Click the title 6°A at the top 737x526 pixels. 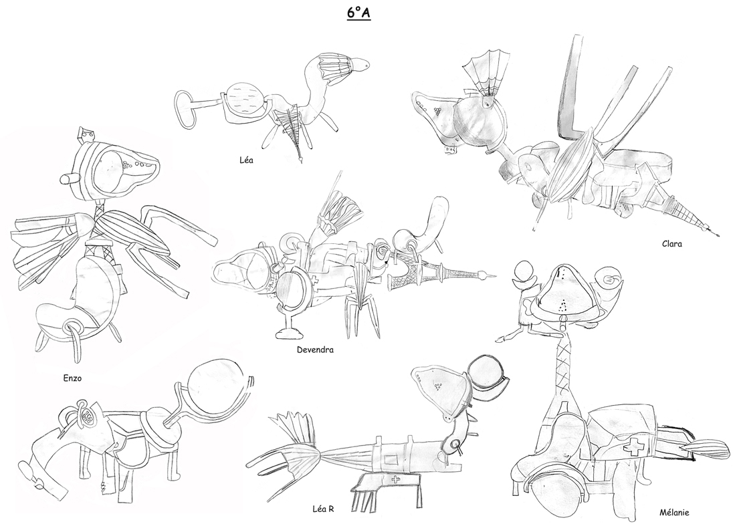click(x=358, y=13)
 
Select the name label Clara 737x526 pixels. click(x=671, y=244)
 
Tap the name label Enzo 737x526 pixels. click(x=72, y=377)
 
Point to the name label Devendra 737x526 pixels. click(x=315, y=350)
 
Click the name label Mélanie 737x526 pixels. click(x=674, y=513)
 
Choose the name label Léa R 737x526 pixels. click(x=323, y=509)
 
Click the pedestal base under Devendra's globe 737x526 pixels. click(x=289, y=332)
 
